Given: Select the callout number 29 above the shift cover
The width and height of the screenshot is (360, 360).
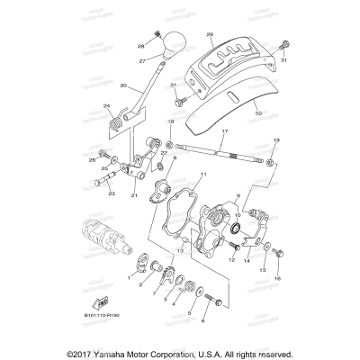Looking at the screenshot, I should click(x=210, y=34).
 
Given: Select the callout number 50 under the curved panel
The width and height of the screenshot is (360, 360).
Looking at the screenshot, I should click(x=234, y=115).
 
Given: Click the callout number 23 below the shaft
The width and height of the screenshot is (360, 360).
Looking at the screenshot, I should click(x=111, y=192).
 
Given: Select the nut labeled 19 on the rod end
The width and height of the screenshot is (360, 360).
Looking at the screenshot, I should click(x=274, y=161).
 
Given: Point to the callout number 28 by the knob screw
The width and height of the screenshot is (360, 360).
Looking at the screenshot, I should click(x=140, y=45).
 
